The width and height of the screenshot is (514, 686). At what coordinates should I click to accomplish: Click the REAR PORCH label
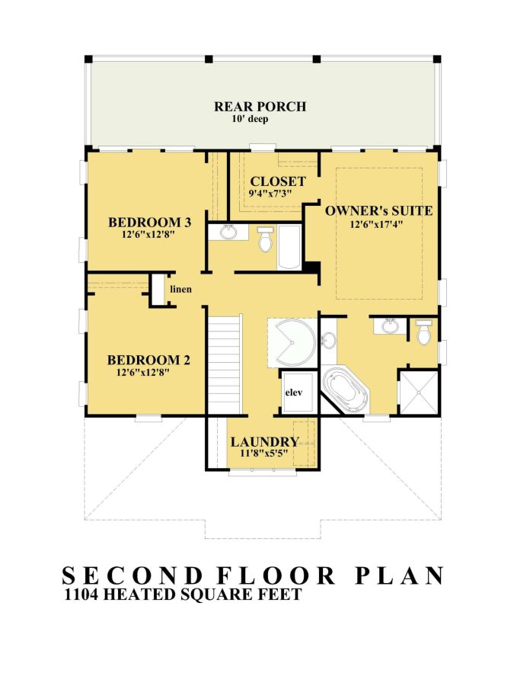click(260, 107)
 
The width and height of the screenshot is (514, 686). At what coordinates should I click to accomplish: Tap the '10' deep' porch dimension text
click(251, 120)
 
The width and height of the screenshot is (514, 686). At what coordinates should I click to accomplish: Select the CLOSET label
click(278, 182)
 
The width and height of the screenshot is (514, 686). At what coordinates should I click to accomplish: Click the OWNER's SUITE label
click(378, 210)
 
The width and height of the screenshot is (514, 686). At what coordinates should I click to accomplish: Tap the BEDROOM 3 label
click(149, 223)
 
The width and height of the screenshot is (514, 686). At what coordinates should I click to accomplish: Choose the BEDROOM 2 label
click(148, 361)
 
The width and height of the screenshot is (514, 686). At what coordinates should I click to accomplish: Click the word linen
click(181, 290)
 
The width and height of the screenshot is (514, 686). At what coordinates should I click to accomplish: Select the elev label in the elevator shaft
click(295, 393)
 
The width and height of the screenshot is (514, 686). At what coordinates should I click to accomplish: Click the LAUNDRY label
click(264, 442)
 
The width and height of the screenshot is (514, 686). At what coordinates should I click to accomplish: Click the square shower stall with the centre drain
click(419, 393)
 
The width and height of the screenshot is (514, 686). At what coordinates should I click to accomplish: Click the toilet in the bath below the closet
click(265, 241)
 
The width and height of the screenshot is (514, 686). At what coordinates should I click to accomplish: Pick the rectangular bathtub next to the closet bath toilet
click(289, 248)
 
